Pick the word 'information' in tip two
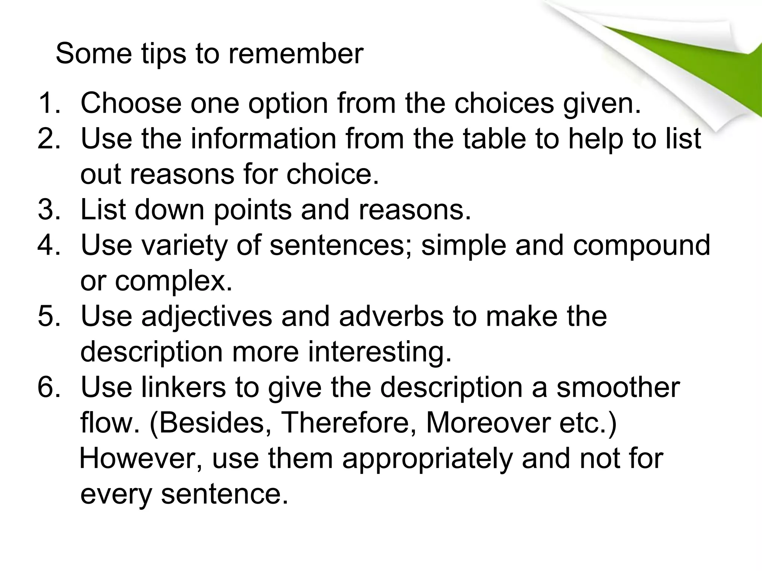click(x=263, y=139)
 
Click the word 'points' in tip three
click(x=253, y=210)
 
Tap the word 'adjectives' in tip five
click(x=206, y=317)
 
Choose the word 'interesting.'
click(x=380, y=352)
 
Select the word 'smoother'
click(x=618, y=387)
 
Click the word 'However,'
click(x=141, y=458)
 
